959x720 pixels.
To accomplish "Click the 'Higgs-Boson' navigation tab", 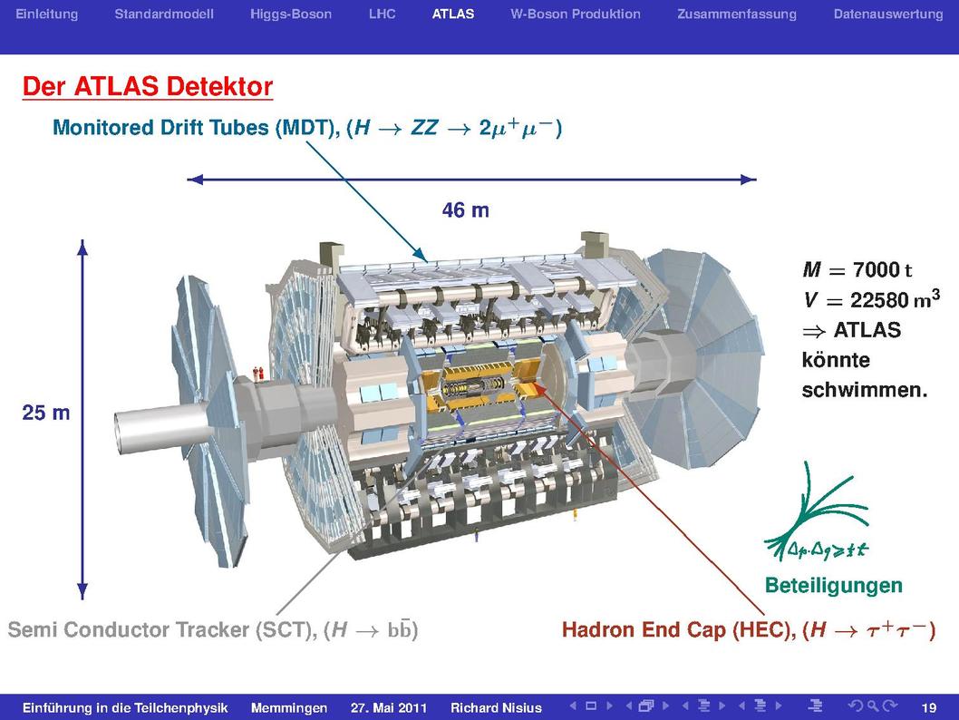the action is pos(291,15).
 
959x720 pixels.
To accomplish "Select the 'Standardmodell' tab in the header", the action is pos(164,15).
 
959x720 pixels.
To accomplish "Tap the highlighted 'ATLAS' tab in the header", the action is pos(452,15).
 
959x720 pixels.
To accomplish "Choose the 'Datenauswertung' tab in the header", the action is pos(888,15).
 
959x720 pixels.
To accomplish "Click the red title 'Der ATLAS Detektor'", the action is pos(148,86).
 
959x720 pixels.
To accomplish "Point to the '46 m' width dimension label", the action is pos(465,210).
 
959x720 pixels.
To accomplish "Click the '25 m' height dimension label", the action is pos(46,413).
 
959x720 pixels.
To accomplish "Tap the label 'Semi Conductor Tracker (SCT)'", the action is pos(162,630).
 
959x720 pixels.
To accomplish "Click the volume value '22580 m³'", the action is pos(895,299).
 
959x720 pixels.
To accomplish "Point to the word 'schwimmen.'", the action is pos(864,390).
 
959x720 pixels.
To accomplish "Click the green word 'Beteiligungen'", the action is pos(834,586).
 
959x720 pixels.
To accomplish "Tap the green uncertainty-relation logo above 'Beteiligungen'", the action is pos(817,514).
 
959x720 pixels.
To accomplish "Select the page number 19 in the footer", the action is pos(928,708).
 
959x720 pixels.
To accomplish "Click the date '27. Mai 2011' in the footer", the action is pos(388,708).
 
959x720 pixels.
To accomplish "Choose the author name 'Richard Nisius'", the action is pos(496,708).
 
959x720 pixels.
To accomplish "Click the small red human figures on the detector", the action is pos(258,373).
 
